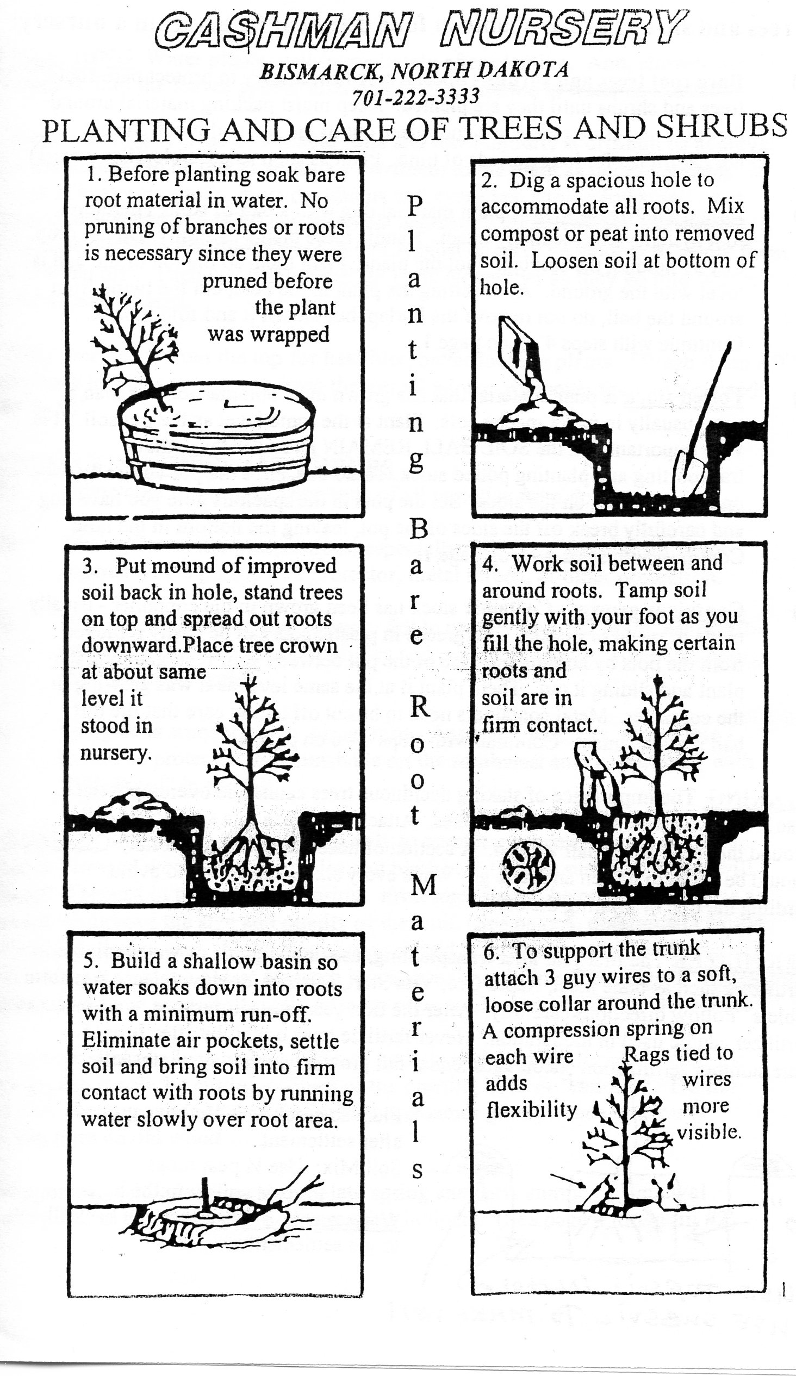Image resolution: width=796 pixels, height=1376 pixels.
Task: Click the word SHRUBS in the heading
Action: pos(721,127)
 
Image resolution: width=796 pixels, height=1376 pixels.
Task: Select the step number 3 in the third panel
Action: pos(90,566)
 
